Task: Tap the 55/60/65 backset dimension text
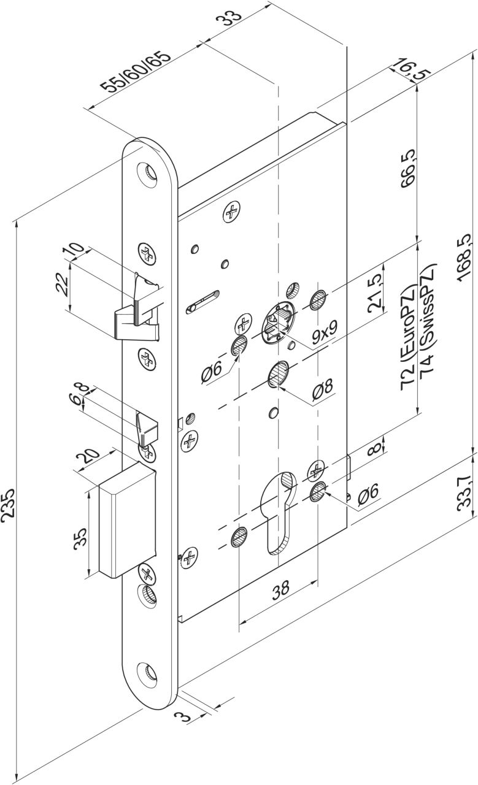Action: click(136, 72)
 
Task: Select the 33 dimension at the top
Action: click(230, 19)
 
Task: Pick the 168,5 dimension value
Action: click(465, 257)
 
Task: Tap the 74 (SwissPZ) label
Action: click(428, 323)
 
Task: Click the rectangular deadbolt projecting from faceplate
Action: click(127, 522)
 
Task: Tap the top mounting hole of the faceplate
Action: click(147, 174)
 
